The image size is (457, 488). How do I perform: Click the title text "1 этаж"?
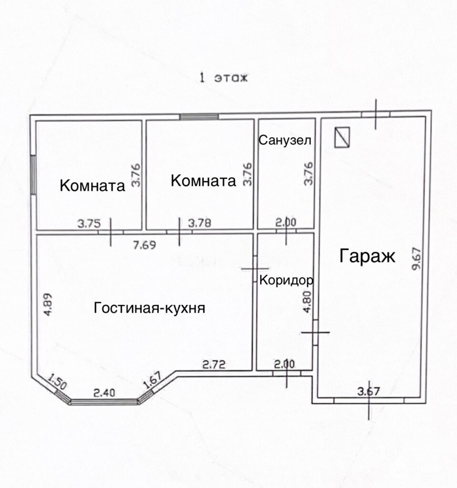point(223,78)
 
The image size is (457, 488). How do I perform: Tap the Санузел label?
point(285,141)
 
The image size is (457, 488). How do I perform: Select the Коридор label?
point(286,280)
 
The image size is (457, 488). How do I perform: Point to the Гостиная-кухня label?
point(149,308)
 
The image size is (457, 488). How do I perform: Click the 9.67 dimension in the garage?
point(416,258)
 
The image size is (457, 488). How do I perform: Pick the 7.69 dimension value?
point(144,245)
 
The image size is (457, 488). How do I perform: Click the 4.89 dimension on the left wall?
point(48,305)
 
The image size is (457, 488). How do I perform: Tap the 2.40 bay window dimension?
point(104,393)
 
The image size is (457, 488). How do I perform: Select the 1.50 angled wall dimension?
point(57,382)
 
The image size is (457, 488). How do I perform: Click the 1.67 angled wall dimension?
point(152,380)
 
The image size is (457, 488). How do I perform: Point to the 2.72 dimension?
point(214,364)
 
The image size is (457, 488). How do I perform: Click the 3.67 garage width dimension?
point(369,391)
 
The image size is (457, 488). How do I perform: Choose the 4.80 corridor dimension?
point(307,302)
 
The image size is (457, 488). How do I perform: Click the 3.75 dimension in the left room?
point(89,224)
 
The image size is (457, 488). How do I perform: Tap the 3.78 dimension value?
point(200,223)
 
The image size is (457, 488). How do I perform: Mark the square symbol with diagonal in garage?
point(342,137)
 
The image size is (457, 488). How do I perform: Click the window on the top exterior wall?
point(199,117)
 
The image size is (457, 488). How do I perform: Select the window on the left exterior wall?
point(33,175)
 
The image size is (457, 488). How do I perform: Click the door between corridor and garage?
point(315,332)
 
